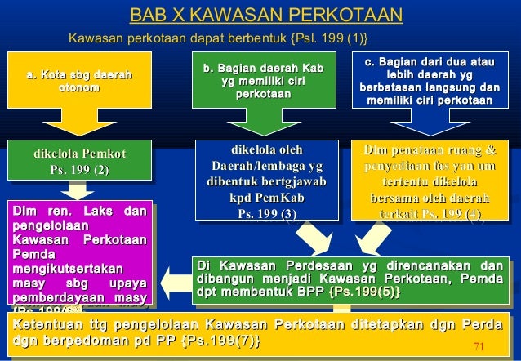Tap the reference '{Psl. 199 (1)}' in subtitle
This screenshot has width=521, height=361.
[x=327, y=38]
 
